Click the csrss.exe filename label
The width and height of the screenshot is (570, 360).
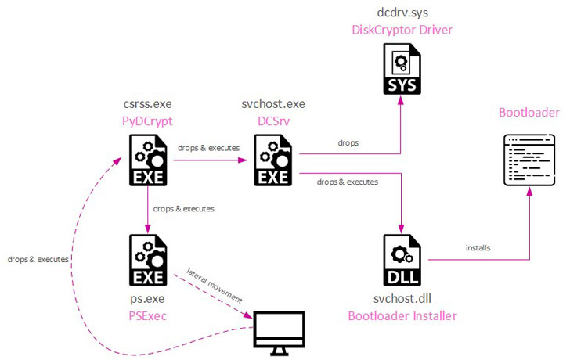click(x=147, y=104)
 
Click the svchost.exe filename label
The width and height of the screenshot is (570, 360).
click(x=273, y=104)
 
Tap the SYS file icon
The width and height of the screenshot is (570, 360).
click(x=401, y=69)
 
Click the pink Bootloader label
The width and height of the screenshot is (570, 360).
click(x=529, y=113)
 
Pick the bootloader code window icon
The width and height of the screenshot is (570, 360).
click(x=529, y=159)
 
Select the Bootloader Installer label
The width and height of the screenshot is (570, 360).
click(x=402, y=315)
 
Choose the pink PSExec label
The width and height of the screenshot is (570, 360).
click(x=147, y=315)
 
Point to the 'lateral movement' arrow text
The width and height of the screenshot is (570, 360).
click(x=215, y=287)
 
